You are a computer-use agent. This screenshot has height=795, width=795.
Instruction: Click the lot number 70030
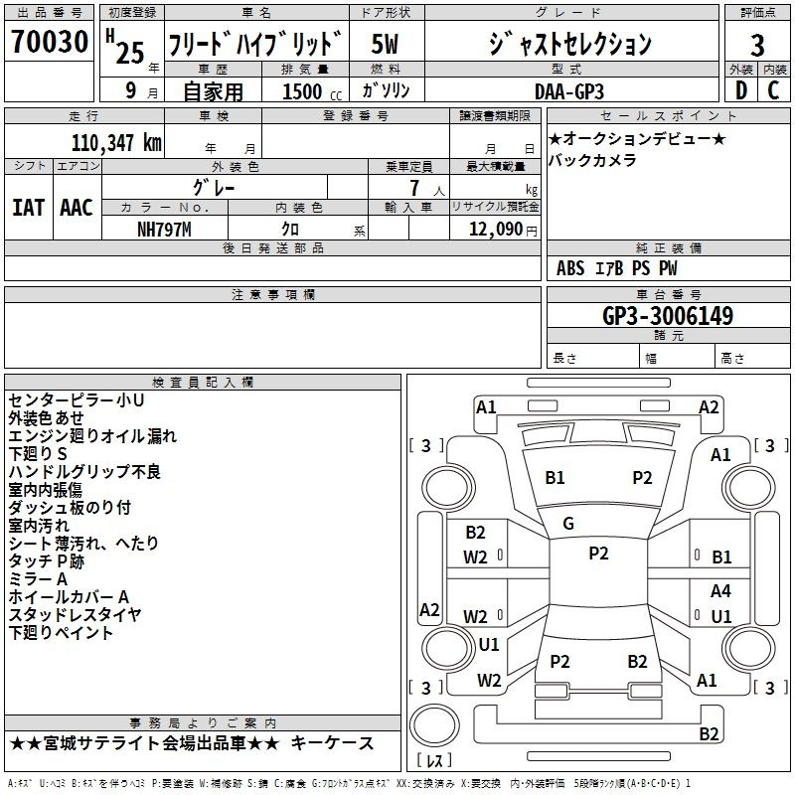[50, 42]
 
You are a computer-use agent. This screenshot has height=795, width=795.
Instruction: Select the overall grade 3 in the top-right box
[757, 46]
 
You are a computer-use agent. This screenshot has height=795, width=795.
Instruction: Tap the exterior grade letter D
[741, 90]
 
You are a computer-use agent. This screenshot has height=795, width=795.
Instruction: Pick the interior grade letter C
[773, 90]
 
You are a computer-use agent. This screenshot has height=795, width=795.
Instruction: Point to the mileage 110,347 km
[116, 143]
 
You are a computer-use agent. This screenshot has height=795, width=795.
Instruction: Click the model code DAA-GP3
[569, 91]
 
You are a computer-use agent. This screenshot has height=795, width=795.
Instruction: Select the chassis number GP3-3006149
[668, 316]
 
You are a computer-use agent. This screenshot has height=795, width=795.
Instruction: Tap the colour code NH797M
[164, 230]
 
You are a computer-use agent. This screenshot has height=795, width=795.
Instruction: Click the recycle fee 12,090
[496, 230]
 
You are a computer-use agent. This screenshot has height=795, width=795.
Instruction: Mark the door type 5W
[385, 44]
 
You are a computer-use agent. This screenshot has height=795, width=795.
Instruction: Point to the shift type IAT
[29, 208]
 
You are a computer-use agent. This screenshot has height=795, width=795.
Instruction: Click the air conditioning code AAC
[77, 208]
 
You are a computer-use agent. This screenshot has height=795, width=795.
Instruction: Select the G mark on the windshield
[568, 524]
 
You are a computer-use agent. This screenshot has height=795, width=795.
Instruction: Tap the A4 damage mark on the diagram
[720, 590]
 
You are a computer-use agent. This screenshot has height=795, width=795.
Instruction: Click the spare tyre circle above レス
[434, 725]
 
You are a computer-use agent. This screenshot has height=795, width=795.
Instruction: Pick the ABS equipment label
[570, 268]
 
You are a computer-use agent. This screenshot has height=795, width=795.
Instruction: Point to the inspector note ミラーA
[38, 579]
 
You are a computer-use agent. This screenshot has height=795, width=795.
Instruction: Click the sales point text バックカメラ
[591, 160]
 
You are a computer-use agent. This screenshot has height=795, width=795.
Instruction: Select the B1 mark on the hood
[555, 478]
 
